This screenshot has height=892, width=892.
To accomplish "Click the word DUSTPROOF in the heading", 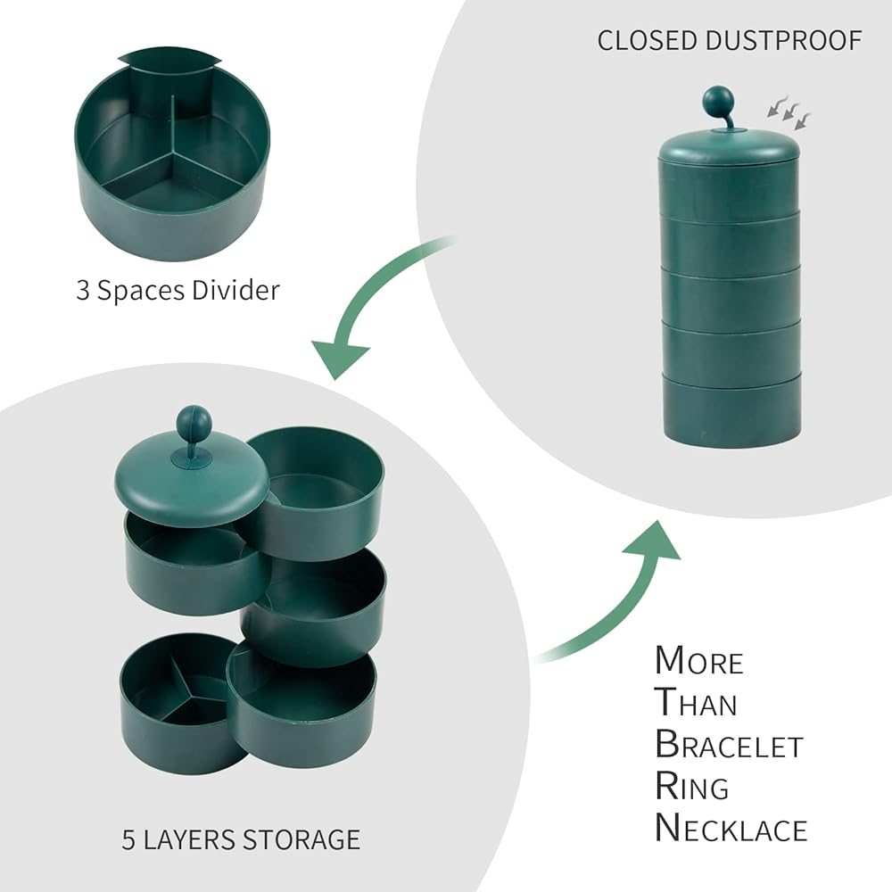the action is [x=783, y=41].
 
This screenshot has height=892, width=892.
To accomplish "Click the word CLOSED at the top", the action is [x=648, y=41].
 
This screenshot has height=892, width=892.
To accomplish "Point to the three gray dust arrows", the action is [x=789, y=112].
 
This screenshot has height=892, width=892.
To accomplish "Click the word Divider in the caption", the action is [x=235, y=290].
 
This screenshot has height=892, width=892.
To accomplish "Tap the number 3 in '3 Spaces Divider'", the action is [x=83, y=291].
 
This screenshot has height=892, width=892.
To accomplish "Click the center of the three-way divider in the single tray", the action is [x=171, y=154].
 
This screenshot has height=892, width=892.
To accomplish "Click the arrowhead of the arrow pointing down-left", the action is [x=340, y=357].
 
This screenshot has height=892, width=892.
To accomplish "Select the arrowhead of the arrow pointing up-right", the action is [x=654, y=541].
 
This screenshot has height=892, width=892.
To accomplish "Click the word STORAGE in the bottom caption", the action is [x=301, y=839].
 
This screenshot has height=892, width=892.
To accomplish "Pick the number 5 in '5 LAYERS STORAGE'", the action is [x=128, y=840].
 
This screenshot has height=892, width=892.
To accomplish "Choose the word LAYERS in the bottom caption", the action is [x=189, y=839].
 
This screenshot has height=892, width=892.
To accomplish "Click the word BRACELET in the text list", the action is [x=729, y=745].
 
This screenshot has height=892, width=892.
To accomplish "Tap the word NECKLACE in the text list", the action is [x=731, y=829].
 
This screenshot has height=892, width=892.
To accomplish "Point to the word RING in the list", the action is [x=692, y=787].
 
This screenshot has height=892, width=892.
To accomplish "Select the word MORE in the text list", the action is [x=699, y=661].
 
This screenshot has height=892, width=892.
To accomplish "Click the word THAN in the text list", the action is [x=697, y=703].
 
